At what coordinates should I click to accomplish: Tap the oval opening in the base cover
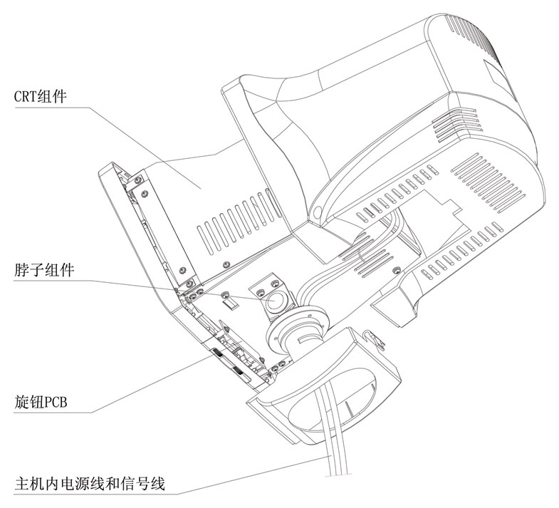pos(335,399)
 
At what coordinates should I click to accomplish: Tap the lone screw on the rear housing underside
pos(397,269)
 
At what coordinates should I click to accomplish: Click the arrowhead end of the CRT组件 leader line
pos(199,187)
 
